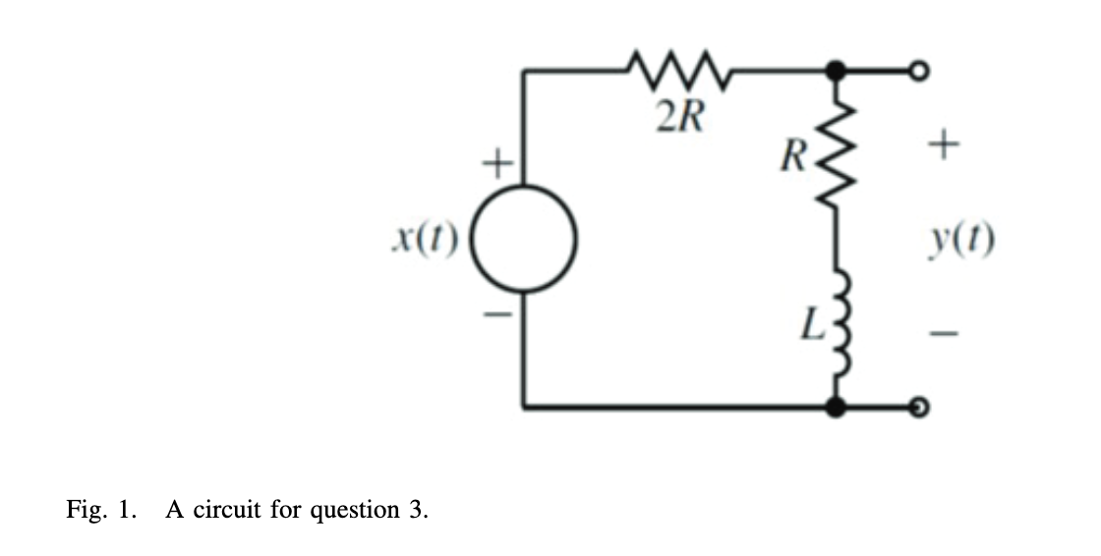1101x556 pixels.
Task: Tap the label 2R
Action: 679,119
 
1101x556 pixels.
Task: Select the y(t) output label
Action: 963,239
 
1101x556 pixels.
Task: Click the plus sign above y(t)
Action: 943,147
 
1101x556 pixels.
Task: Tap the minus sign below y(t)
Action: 943,334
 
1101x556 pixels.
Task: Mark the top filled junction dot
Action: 837,70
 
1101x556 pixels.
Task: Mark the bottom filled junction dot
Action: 837,406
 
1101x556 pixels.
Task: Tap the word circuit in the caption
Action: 231,510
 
